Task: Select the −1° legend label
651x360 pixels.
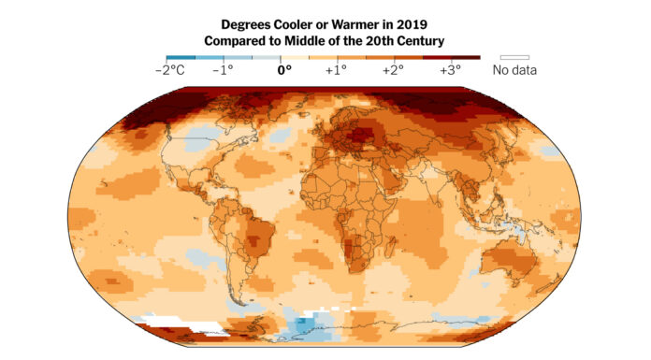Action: pos(224,69)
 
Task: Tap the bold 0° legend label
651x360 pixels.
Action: pos(282,69)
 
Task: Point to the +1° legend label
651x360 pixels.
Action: pos(336,69)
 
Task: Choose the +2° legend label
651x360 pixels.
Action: pos(392,69)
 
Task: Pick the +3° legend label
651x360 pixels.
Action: pos(450,69)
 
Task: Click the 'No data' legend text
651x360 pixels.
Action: pos(515,69)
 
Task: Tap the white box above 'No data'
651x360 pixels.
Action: pos(515,57)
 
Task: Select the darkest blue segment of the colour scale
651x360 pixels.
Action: pos(180,57)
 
